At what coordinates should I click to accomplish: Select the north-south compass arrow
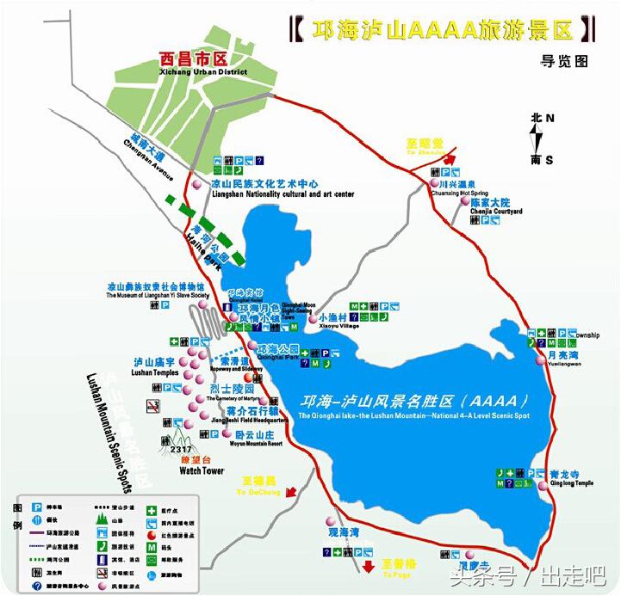[x=537, y=138]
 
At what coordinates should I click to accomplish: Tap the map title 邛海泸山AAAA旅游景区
[x=441, y=30]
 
